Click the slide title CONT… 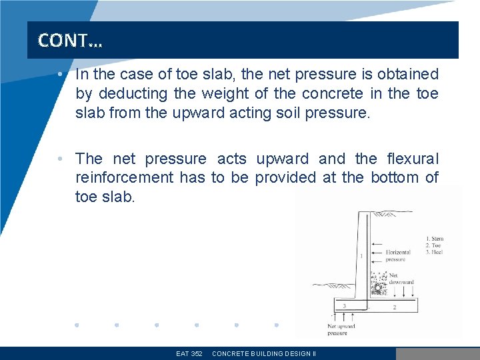click(x=70, y=41)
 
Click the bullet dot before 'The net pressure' click(x=60, y=159)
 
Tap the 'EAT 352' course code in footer click(x=189, y=353)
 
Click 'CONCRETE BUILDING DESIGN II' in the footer click(x=264, y=353)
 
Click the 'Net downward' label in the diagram click(x=401, y=279)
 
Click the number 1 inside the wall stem click(x=361, y=255)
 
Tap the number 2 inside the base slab click(x=395, y=307)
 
